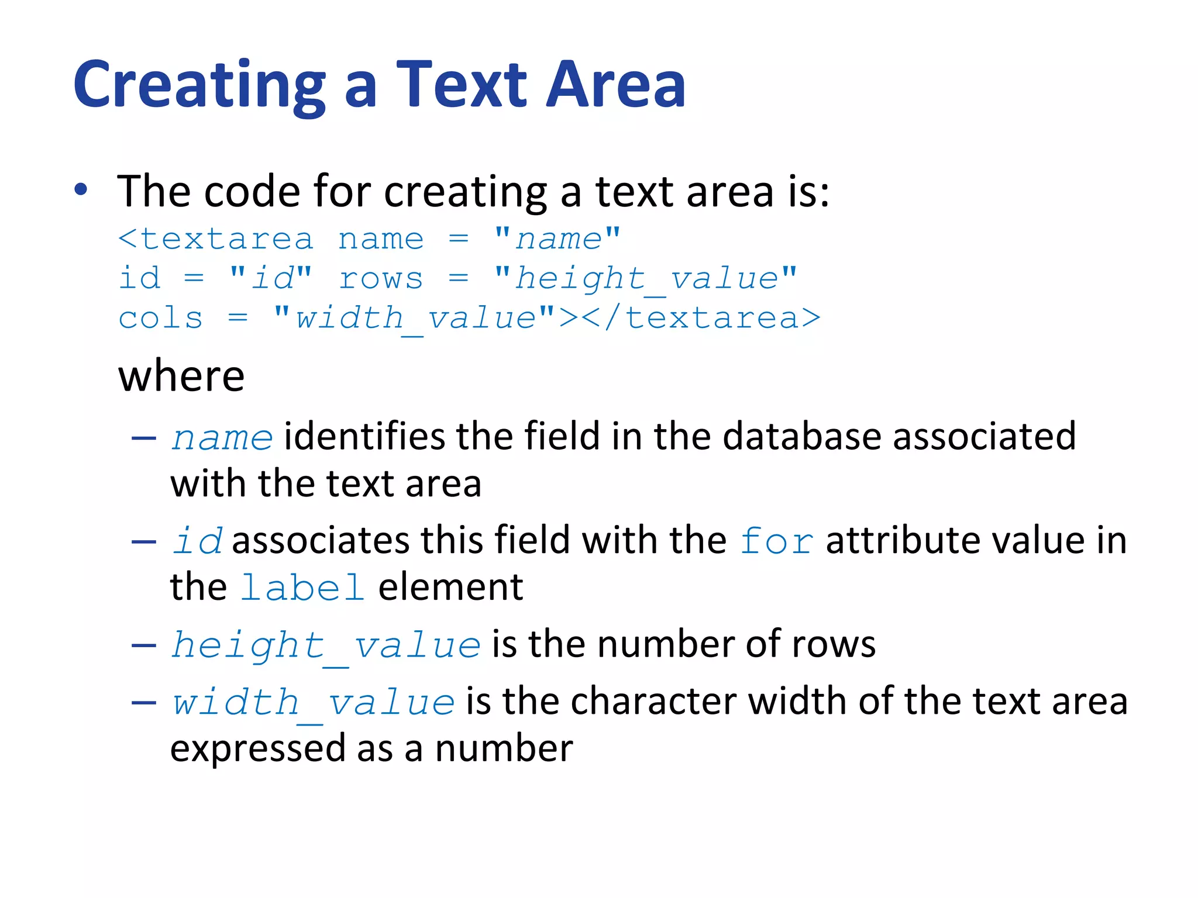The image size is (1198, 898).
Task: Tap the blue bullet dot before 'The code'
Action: (x=81, y=189)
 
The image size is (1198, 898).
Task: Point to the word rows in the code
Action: (x=381, y=279)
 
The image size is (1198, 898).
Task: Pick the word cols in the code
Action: (x=160, y=319)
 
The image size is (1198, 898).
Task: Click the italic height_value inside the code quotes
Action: (x=646, y=279)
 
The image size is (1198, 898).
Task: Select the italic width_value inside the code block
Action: (x=416, y=319)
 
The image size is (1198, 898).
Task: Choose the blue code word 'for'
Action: (x=776, y=541)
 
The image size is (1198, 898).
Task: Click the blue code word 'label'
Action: (x=302, y=588)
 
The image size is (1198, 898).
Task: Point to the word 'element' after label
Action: (x=450, y=588)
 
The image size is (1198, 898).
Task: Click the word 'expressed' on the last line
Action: (x=257, y=749)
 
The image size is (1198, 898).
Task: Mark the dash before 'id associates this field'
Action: (x=144, y=542)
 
